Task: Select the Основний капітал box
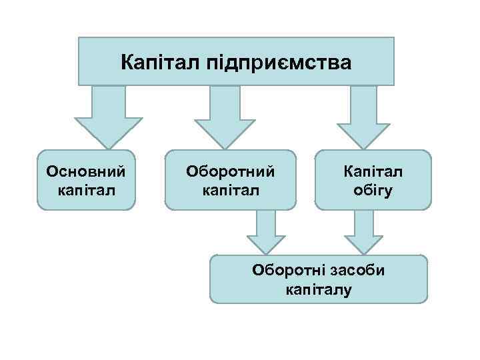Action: (86, 180)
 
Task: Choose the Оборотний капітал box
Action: (230, 180)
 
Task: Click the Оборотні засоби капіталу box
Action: (318, 279)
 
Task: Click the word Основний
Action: (86, 171)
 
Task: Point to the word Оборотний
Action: (230, 171)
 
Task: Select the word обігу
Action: (373, 190)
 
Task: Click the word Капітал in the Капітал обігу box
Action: (373, 171)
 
